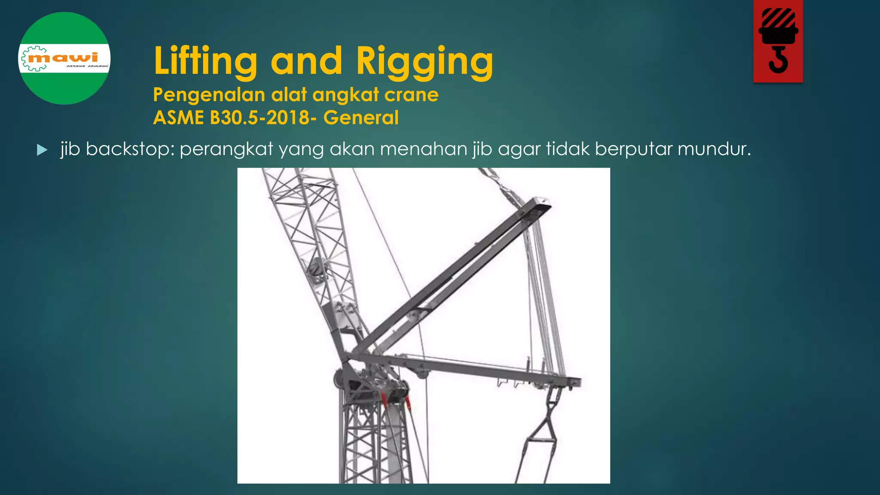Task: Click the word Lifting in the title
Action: point(205,61)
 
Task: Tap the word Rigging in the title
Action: point(425,61)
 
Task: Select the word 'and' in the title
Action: point(306,61)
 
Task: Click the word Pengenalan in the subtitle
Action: point(209,95)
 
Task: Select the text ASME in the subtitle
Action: point(178,118)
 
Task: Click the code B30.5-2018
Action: point(260,118)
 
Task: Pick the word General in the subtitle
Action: point(361,118)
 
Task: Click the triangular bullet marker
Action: point(42,150)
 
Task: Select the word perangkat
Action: point(226,149)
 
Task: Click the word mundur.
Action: point(714,149)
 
